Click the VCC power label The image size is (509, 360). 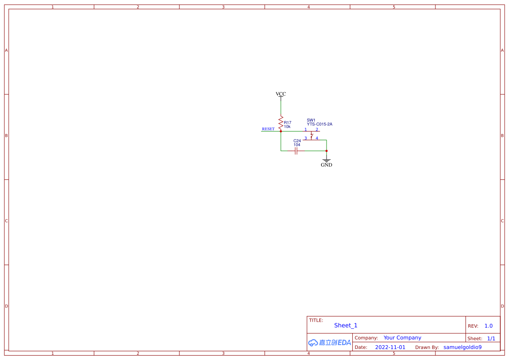click(281, 94)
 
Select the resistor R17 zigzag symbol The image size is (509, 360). click(281, 122)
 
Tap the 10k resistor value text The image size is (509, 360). click(287, 127)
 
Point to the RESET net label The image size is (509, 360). click(268, 129)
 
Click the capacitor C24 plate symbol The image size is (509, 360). click(296, 151)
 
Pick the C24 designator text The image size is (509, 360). click(297, 141)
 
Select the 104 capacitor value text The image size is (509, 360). click(297, 145)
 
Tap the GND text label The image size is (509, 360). click(327, 165)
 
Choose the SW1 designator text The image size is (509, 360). click(311, 120)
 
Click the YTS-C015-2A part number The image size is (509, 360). click(319, 124)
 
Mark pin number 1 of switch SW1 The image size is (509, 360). click(306, 129)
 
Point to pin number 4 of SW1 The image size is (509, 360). click(317, 138)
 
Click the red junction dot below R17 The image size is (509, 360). click(281, 131)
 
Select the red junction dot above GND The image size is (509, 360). click(327, 151)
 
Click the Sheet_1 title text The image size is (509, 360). click(346, 326)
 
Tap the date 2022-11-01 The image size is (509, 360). click(390, 347)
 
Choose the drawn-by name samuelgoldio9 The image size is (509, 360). click(462, 347)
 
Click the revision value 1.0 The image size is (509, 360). click(489, 326)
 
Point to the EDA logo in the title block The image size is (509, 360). click(330, 343)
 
